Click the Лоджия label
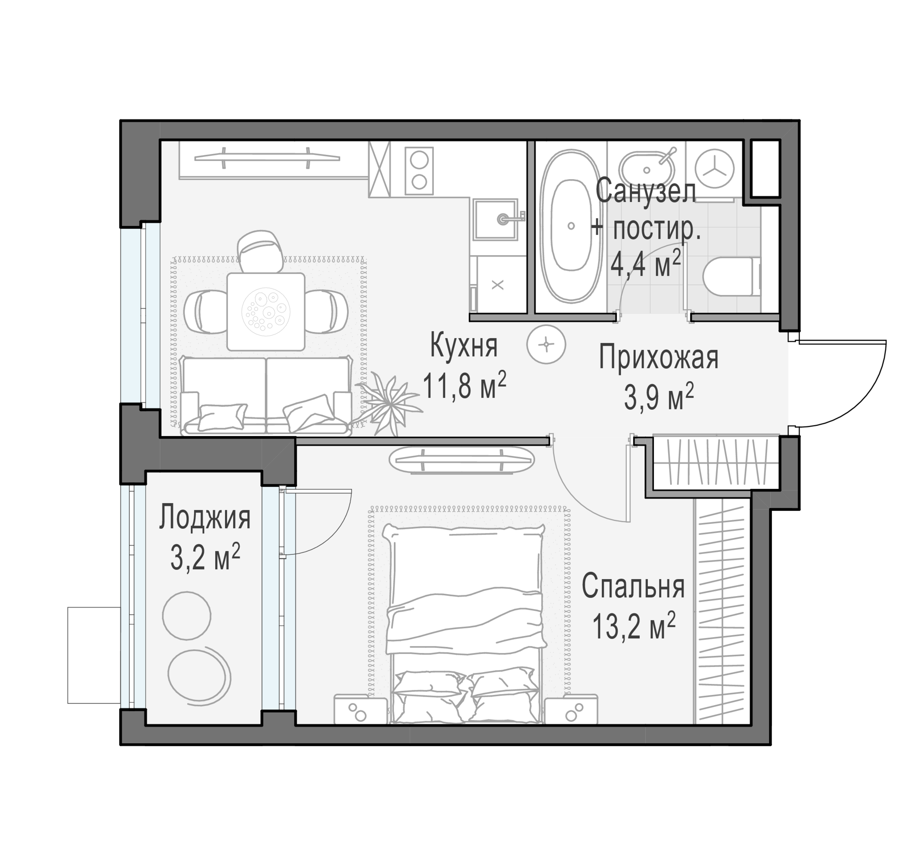204,518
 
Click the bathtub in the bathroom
571,226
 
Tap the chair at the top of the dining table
260,251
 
